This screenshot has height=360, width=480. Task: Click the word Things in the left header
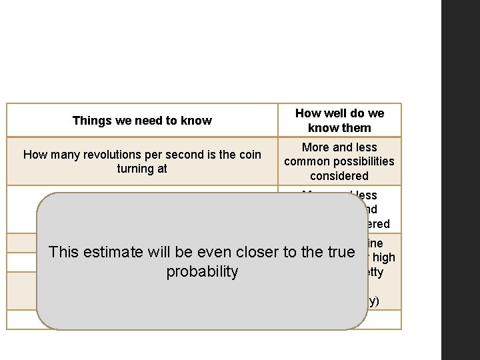coord(89,121)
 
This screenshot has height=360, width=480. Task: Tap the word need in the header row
coord(150,121)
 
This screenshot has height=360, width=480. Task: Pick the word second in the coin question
coord(189,155)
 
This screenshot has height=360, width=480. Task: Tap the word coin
coord(248,155)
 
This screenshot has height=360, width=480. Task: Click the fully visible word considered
coord(339,176)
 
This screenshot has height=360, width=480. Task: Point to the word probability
coord(202,271)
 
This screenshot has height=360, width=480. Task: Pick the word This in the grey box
coord(64,252)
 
